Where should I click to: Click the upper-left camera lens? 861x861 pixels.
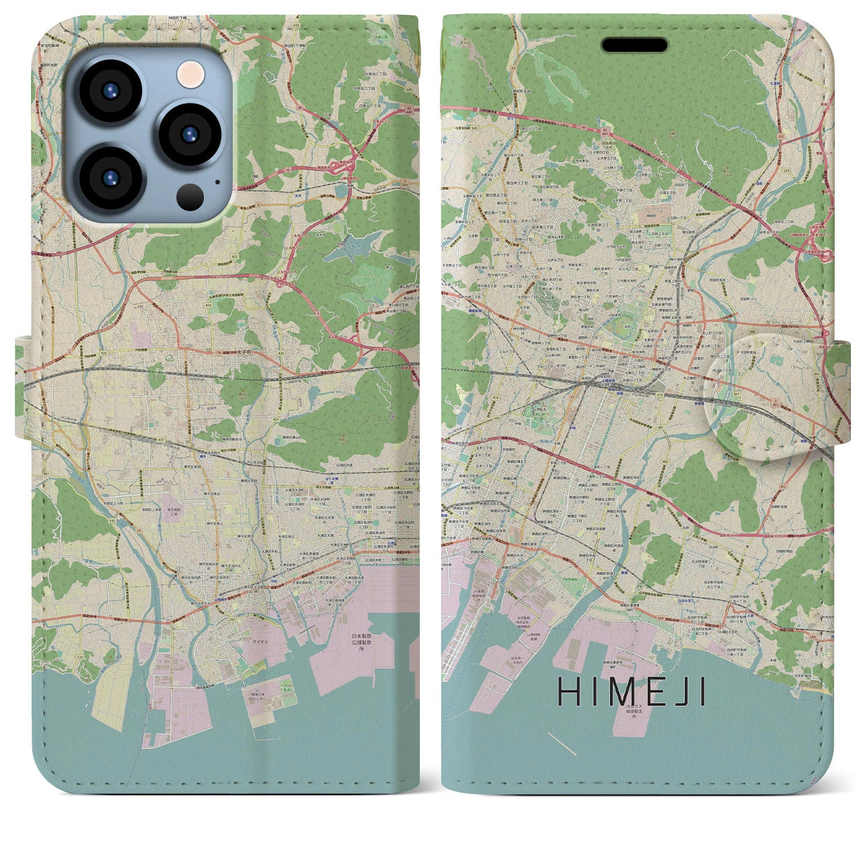(x=109, y=91)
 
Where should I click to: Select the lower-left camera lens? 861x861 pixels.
(x=110, y=178)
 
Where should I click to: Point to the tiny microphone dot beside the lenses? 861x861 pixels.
(x=217, y=180)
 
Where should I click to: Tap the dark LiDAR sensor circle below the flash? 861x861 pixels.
(x=190, y=196)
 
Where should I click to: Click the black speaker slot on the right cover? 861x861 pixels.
(x=634, y=44)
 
